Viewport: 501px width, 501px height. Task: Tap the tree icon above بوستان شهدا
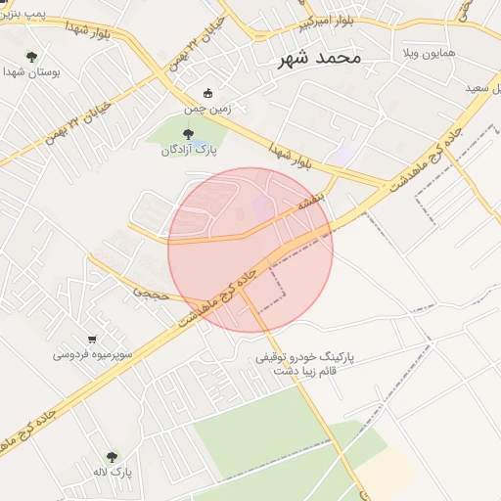pyautogui.click(x=31, y=57)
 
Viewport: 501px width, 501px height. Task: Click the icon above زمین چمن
pyautogui.click(x=208, y=93)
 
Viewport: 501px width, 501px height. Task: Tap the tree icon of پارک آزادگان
pyautogui.click(x=188, y=133)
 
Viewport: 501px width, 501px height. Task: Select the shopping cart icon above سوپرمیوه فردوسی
pyautogui.click(x=92, y=339)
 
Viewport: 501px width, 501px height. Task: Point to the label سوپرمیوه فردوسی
pyautogui.click(x=93, y=353)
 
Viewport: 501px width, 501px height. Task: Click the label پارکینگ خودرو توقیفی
pyautogui.click(x=305, y=358)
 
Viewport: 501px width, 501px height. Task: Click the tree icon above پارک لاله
pyautogui.click(x=112, y=458)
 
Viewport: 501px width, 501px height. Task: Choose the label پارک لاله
pyautogui.click(x=114, y=474)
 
